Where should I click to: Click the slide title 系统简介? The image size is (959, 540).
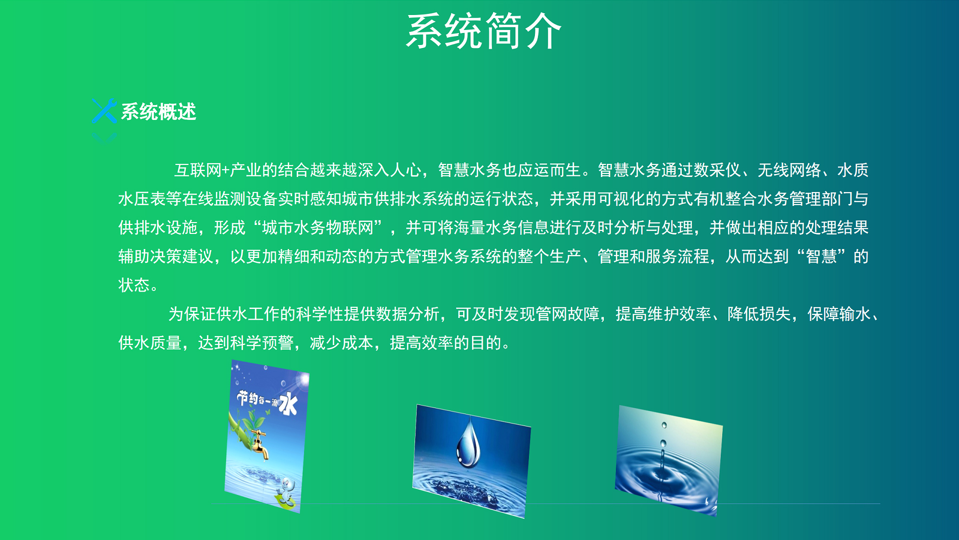pyautogui.click(x=483, y=31)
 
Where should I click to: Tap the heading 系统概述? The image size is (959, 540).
pyautogui.click(x=158, y=112)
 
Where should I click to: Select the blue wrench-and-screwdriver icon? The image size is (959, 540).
pyautogui.click(x=104, y=110)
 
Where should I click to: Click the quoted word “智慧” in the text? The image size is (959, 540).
pyautogui.click(x=821, y=256)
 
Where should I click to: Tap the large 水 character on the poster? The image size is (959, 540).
pyautogui.click(x=288, y=403)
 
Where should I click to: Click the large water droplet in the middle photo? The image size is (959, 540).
pyautogui.click(x=469, y=442)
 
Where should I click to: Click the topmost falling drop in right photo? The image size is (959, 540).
pyautogui.click(x=664, y=425)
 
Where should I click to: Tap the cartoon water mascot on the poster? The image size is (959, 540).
pyautogui.click(x=287, y=487)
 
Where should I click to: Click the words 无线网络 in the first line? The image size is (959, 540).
pyautogui.click(x=789, y=170)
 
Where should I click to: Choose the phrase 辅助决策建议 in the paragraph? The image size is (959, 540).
pyautogui.click(x=166, y=256)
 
